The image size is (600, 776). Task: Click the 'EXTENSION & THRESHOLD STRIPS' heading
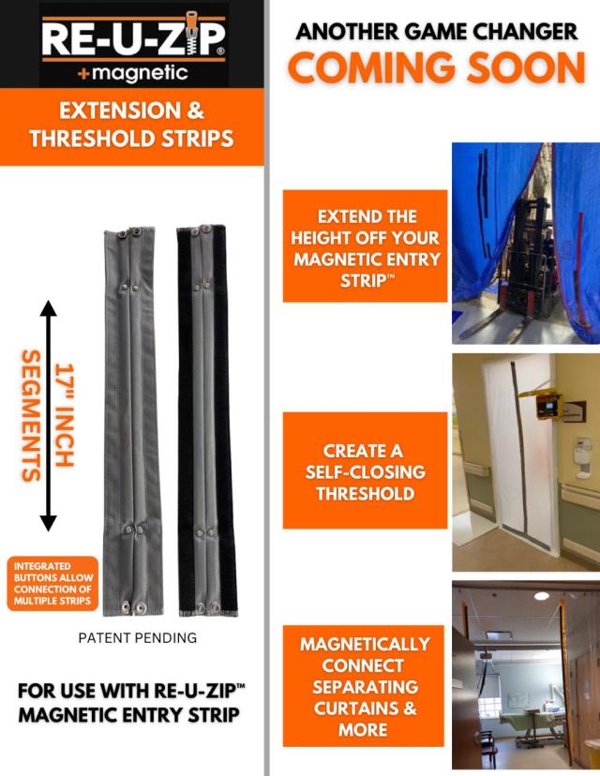(131, 125)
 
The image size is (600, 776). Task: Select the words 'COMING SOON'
(436, 67)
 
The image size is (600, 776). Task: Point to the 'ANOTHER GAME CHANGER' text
(437, 31)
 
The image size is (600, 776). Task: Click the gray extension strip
(134, 422)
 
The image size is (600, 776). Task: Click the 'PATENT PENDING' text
(138, 638)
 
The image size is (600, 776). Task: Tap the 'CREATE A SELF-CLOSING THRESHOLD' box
(365, 471)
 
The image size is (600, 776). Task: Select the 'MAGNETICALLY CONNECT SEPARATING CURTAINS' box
(365, 686)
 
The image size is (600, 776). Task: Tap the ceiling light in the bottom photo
(542, 596)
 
